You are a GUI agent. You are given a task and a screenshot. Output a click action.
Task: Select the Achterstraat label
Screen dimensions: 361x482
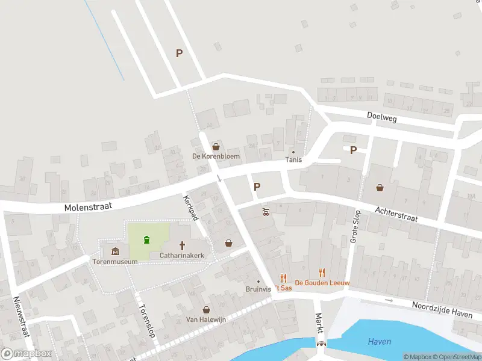396,215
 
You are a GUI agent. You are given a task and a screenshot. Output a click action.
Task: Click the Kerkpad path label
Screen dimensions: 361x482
191,208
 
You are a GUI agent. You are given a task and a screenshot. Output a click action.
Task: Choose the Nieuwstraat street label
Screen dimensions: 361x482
21,316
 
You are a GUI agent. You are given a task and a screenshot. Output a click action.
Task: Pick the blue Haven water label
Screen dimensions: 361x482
380,342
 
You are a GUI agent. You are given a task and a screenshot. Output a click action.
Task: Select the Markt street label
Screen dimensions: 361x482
319,324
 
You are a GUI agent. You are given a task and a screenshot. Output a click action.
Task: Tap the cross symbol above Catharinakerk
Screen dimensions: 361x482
182,245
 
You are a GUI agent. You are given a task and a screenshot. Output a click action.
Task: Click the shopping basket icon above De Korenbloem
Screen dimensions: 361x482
216,146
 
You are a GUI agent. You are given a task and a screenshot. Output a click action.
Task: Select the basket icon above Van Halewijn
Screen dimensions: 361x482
206,309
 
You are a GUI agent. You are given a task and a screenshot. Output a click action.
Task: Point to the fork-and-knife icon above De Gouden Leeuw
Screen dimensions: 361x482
322,273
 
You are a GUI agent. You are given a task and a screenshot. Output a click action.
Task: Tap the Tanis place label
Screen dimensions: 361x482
294,160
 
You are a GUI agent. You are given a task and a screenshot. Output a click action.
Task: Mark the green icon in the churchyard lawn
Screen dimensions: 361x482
146,241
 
